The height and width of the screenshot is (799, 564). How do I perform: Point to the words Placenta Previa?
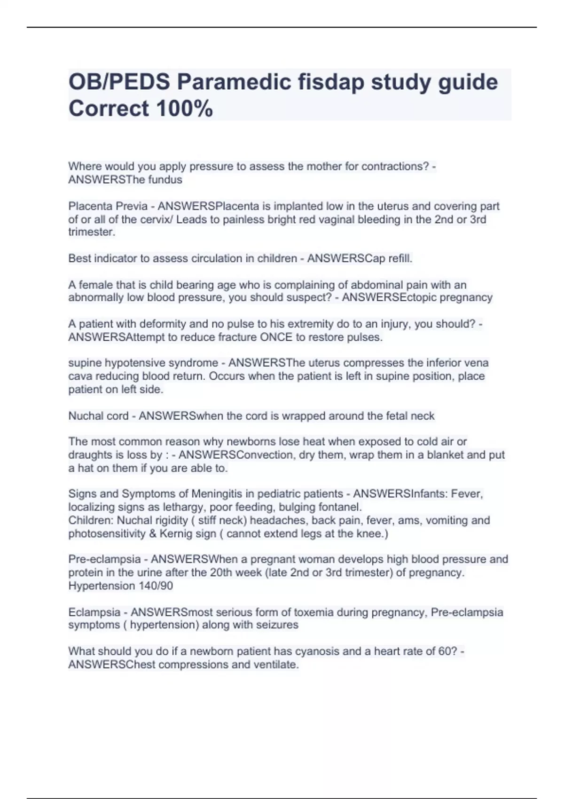pyautogui.click(x=108, y=206)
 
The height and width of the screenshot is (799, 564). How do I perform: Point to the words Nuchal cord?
pyautogui.click(x=98, y=416)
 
